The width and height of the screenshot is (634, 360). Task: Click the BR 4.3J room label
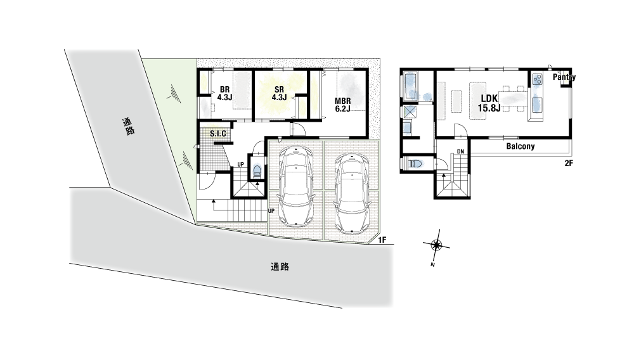coord(224,93)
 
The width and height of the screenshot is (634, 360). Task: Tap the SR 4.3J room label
coord(279,93)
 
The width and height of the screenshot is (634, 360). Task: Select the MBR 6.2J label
coord(342,105)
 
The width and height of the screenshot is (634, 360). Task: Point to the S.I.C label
coord(218,134)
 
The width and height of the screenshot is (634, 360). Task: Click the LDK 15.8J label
coord(489,103)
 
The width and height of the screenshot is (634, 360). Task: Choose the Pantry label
coord(564,77)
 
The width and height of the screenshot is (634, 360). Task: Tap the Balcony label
coord(521,146)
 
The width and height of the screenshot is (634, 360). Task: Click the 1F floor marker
coord(382,240)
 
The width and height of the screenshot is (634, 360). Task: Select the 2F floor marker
coord(569,164)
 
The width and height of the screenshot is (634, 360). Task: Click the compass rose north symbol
coord(436,245)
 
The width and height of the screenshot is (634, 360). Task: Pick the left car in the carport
coord(296,186)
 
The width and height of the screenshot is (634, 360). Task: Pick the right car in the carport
coord(352,193)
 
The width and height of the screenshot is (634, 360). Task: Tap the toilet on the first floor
coord(257,171)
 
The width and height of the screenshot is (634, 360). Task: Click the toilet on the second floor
coord(415,164)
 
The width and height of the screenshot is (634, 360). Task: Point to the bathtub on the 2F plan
coord(410,86)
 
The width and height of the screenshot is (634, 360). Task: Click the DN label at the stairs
coord(460,151)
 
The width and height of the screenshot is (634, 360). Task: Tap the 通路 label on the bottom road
coord(280,267)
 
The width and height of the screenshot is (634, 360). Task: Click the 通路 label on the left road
coord(128,126)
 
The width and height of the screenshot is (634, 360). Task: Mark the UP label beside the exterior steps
coord(271,211)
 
